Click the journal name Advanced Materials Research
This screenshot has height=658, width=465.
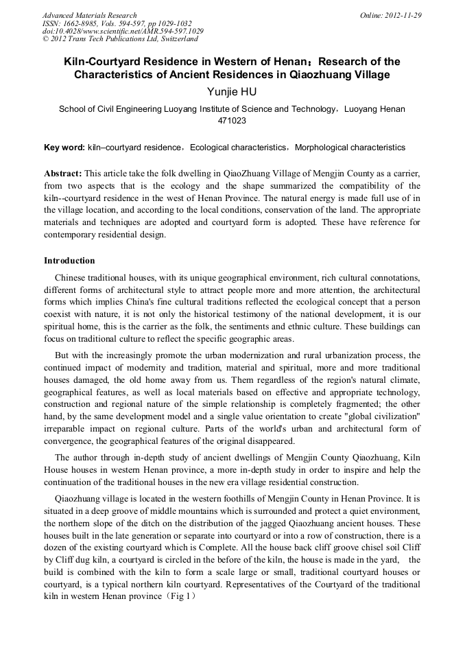point(89,15)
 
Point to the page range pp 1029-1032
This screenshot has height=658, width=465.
point(168,23)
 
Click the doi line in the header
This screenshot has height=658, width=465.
point(123,32)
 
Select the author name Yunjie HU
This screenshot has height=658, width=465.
point(232,91)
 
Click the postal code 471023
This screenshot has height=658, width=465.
point(232,121)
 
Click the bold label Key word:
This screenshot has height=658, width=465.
point(64,148)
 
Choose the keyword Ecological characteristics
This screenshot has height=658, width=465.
point(238,148)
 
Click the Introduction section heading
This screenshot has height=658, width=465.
point(69,261)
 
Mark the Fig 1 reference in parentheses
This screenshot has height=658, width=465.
point(177,597)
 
